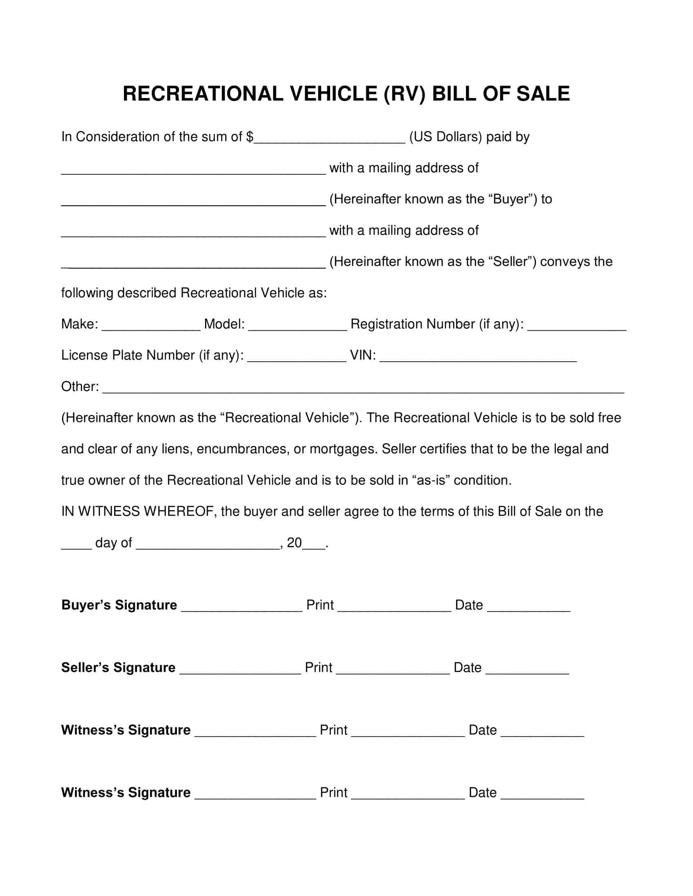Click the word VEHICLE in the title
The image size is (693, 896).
334,94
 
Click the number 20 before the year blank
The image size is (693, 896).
294,543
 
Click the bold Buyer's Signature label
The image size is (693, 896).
119,605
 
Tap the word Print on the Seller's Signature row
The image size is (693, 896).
318,668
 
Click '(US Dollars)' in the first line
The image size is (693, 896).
446,137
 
